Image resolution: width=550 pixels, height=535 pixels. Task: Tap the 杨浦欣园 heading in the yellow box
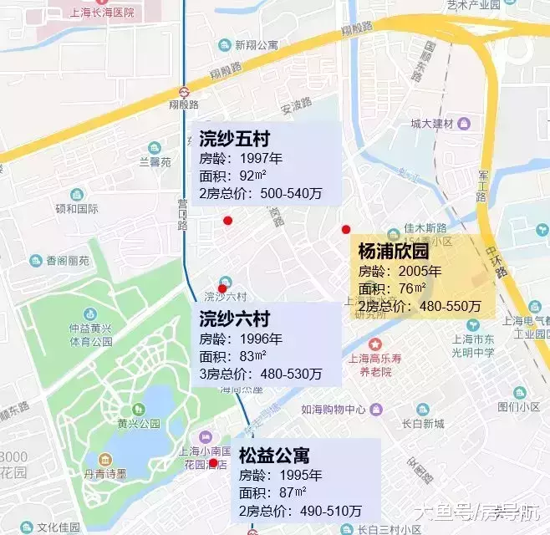[x=393, y=251]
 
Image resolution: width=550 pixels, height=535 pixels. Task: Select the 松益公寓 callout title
[x=274, y=456]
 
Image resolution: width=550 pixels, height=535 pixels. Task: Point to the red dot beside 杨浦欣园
[x=346, y=229]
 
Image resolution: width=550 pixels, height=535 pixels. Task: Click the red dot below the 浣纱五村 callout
[x=227, y=220]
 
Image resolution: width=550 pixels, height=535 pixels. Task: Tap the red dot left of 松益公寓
[x=213, y=462]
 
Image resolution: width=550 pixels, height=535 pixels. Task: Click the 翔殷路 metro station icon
[x=183, y=92]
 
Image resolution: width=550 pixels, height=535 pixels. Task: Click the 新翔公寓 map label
[x=255, y=45]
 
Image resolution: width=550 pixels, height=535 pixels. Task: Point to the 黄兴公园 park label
[x=138, y=423]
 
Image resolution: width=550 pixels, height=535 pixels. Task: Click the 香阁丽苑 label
[x=67, y=261]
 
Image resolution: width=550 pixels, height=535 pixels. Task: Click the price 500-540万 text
[x=291, y=193]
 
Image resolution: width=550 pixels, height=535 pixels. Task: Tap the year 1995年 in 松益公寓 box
[x=293, y=475]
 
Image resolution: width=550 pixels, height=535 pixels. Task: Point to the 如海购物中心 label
[x=333, y=410]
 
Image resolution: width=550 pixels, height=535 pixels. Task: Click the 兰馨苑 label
[x=154, y=161]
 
